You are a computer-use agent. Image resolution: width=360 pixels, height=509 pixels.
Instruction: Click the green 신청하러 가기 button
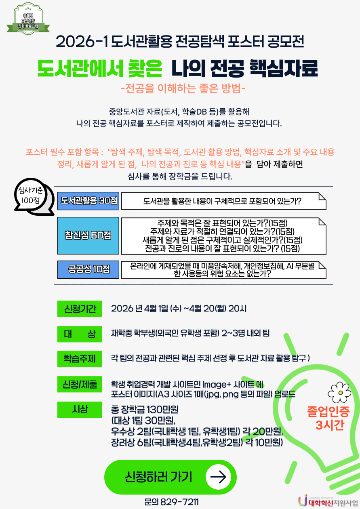pos(170,477)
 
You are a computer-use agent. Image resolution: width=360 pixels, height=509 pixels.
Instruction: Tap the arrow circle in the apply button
pos(218,477)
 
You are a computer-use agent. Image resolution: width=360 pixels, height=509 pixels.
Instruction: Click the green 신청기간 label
pos(80,309)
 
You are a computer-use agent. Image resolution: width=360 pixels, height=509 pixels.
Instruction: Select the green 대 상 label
pos(80,334)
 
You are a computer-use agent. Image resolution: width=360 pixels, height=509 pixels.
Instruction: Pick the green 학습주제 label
pos(80,359)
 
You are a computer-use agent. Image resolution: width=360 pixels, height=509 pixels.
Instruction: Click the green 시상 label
pos(80,410)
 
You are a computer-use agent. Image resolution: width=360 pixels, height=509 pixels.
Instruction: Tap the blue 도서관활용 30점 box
pos(88,201)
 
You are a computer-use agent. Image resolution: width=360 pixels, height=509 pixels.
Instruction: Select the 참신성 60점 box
pos(88,236)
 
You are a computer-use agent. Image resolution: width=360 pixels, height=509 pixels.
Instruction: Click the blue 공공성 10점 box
pos(88,270)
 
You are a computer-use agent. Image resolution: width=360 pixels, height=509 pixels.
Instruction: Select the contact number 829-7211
pos(179,502)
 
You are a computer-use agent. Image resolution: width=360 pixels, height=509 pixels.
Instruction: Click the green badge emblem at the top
pos(28,19)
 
